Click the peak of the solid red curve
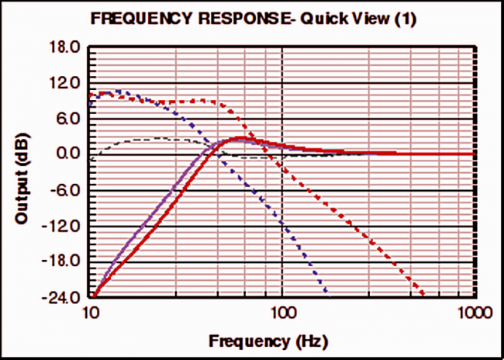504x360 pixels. click(240, 138)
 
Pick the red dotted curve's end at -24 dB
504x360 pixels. click(423, 296)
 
